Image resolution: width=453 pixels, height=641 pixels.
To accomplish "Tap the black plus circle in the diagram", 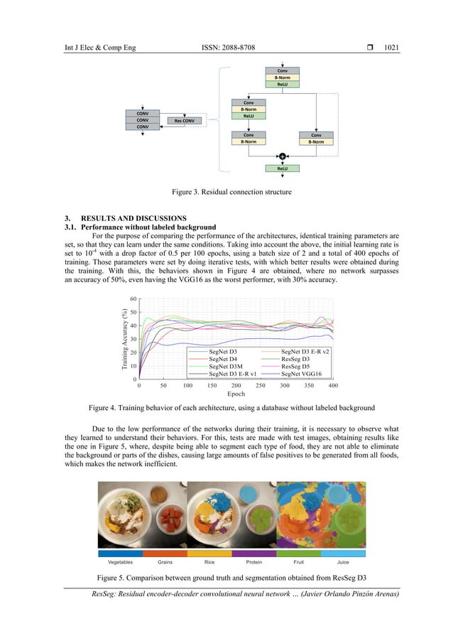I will pyautogui.click(x=282, y=156).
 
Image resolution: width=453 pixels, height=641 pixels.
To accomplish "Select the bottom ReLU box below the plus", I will pyautogui.click(x=282, y=168).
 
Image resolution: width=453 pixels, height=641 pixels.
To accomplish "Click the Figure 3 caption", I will pyautogui.click(x=226, y=191).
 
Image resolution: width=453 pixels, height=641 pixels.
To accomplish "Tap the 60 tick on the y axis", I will pyautogui.click(x=133, y=299).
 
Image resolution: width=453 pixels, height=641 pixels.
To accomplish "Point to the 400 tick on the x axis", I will pyautogui.click(x=333, y=385).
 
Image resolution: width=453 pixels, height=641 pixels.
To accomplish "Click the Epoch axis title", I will pyautogui.click(x=235, y=394).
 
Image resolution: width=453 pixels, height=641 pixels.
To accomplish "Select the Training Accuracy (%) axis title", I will pyautogui.click(x=124, y=339).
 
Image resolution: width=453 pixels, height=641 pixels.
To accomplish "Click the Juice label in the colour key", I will pyautogui.click(x=343, y=561).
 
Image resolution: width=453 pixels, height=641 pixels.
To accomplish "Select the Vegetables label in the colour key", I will pyautogui.click(x=120, y=561).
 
